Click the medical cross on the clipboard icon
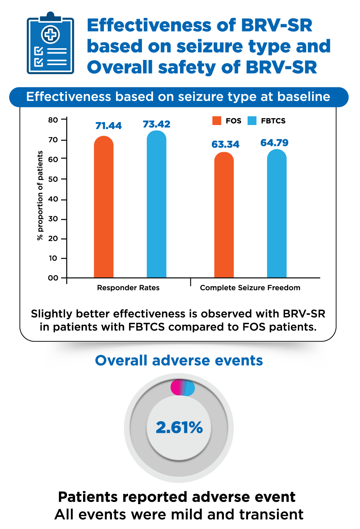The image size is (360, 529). [x=50, y=35]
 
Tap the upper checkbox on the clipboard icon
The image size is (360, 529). [x=38, y=51]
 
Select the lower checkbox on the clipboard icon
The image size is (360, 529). [x=38, y=62]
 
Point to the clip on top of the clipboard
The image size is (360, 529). [x=50, y=17]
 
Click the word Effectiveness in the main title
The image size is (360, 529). [x=149, y=26]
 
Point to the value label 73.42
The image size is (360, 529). [x=157, y=124]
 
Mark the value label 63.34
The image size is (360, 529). [x=225, y=144]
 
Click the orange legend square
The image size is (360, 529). [x=217, y=121]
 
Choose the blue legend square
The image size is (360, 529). [x=252, y=121]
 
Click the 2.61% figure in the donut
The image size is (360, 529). [x=179, y=427]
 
